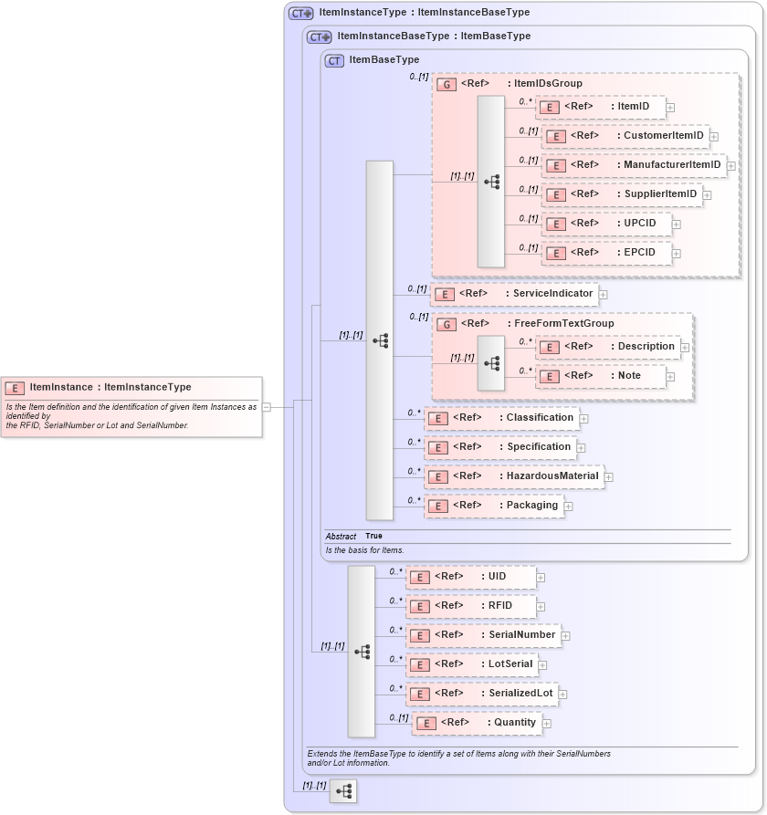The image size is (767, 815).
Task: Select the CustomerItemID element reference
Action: [625, 136]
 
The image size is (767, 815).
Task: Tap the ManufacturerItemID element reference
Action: [634, 165]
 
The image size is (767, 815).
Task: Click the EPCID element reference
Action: [605, 253]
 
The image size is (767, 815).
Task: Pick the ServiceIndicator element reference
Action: [514, 294]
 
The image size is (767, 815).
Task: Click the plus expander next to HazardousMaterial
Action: [609, 476]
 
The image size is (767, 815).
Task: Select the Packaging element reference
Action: [493, 506]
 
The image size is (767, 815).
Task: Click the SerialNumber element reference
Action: [484, 635]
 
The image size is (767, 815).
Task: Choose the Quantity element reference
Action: [477, 723]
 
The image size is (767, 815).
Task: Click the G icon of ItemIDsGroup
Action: [447, 84]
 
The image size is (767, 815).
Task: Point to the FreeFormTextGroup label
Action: [563, 323]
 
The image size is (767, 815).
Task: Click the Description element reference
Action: [608, 347]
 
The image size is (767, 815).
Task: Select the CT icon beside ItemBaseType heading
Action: [334, 60]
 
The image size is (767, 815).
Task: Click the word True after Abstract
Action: [373, 537]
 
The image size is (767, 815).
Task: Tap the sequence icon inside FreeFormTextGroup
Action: [491, 362]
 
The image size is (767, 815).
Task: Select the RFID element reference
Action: [471, 606]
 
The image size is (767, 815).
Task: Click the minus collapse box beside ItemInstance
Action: [267, 407]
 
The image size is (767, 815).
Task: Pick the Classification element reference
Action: [501, 418]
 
